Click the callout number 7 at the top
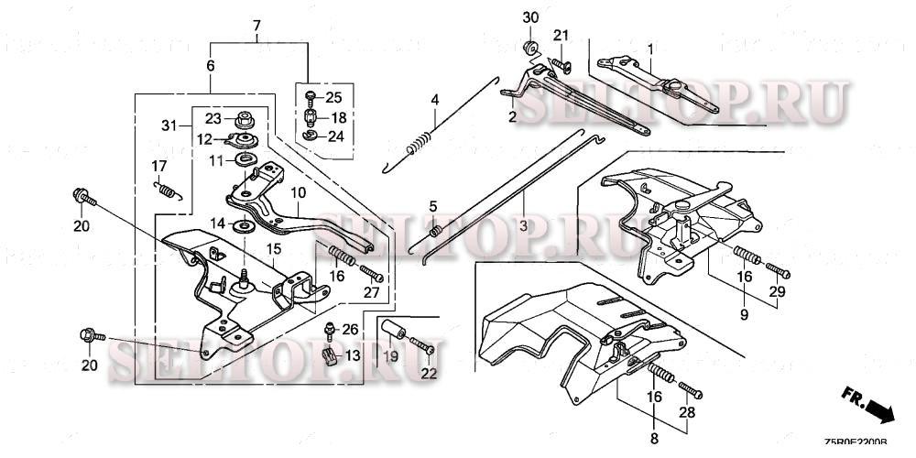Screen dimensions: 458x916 pos(256,24)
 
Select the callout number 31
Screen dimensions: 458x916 pos(168,125)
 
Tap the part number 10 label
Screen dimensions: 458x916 pos(298,194)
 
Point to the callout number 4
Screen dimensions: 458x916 pos(435,99)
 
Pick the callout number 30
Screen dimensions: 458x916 pos(531,18)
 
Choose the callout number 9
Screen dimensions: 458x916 pos(744,315)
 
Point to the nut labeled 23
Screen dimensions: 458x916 pos(244,118)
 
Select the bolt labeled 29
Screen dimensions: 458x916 pos(777,270)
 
